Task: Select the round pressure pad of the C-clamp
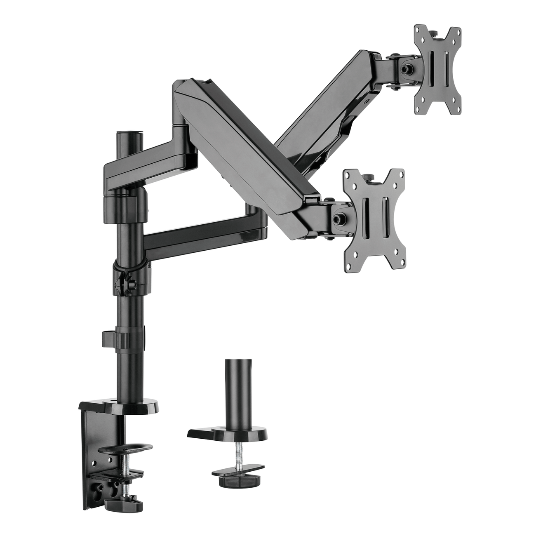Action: pyautogui.click(x=131, y=447)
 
